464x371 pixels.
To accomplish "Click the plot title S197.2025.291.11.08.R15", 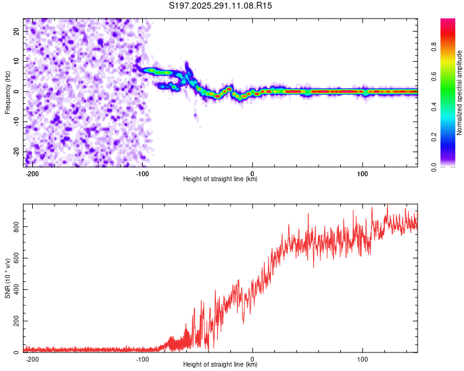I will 221,6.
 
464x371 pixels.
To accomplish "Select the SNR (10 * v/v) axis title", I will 7,278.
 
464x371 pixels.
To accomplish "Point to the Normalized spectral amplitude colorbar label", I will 460,93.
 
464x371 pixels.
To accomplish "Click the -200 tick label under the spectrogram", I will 32,174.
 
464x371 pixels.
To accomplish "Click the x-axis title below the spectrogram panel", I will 220,179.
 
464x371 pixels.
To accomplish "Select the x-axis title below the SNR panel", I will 220,365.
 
